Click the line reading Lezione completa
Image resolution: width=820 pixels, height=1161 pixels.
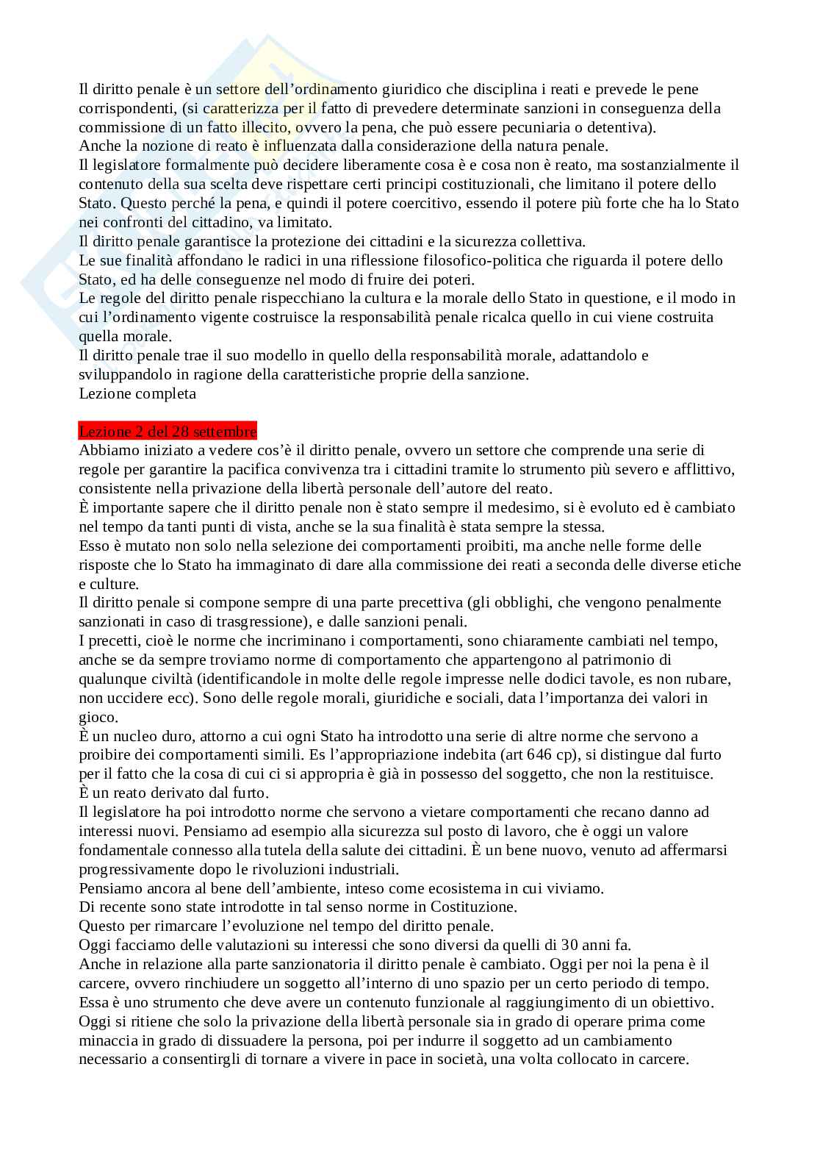click(x=137, y=393)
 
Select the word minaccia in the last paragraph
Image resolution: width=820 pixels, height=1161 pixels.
click(x=107, y=1040)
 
